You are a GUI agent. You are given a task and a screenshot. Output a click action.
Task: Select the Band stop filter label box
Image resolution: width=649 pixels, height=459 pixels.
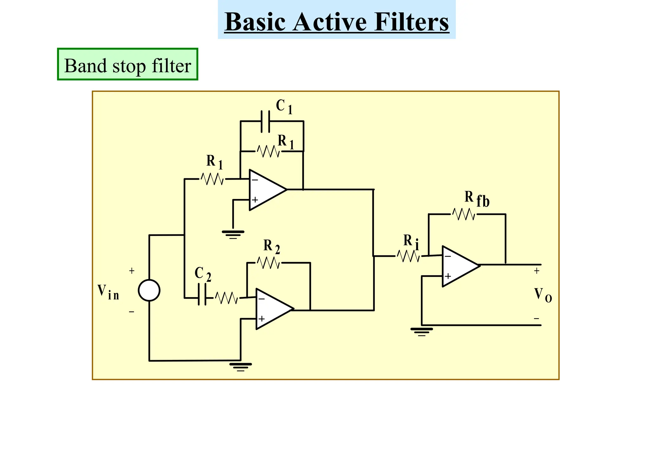click(127, 64)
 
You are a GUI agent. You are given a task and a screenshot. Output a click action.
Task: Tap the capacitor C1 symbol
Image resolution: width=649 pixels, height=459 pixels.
click(265, 121)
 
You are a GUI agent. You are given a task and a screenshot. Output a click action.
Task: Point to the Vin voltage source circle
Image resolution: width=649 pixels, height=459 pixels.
click(149, 290)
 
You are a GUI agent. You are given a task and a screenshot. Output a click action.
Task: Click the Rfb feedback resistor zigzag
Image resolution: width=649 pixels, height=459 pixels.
click(463, 214)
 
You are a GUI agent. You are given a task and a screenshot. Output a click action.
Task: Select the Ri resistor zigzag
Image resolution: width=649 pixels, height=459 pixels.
click(408, 256)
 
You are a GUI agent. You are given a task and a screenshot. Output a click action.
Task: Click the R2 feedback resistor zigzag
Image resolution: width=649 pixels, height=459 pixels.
click(268, 263)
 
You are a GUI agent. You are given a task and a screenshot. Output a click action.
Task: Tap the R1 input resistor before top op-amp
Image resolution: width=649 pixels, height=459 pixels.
click(212, 179)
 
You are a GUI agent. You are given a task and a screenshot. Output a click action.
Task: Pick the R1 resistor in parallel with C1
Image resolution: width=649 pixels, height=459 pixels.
click(268, 151)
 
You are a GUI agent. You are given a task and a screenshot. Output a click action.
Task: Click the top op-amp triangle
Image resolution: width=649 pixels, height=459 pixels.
click(266, 190)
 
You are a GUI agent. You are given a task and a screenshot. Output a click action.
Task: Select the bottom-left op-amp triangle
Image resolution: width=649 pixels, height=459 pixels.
click(273, 309)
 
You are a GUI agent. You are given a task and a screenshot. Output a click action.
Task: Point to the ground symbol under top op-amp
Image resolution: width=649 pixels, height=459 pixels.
click(233, 234)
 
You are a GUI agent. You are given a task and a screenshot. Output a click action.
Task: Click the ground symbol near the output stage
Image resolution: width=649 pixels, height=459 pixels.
click(421, 331)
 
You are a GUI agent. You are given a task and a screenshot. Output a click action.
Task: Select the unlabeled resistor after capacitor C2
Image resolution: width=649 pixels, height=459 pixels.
click(226, 298)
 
